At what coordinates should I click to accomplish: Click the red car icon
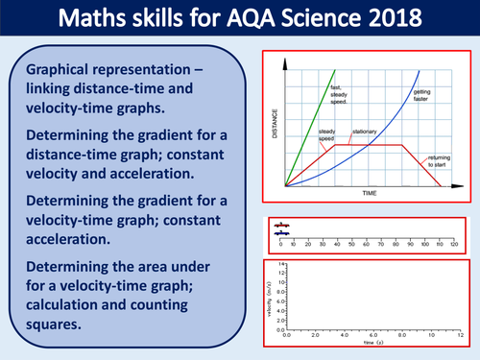(x=281, y=227)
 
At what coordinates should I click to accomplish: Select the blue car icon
(x=281, y=233)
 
